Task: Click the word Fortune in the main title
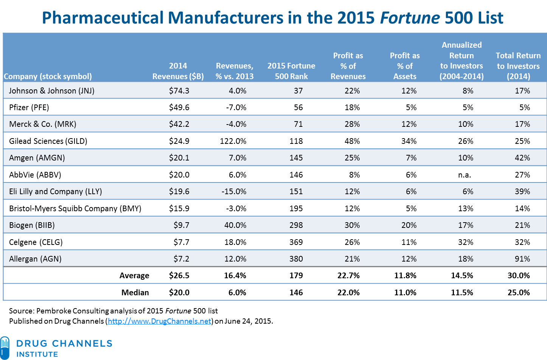[x=410, y=18]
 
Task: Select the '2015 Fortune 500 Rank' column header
[x=291, y=71]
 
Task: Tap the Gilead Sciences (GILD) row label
[x=48, y=141]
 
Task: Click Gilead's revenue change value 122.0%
[x=233, y=141]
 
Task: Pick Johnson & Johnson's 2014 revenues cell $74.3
[x=179, y=91]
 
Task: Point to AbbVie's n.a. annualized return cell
[x=464, y=175]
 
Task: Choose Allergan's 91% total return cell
[x=522, y=259]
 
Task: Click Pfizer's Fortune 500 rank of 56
[x=298, y=108]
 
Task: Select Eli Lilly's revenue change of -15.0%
[x=234, y=192]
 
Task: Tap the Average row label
[x=134, y=276]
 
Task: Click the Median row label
[x=135, y=293]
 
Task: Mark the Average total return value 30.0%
[x=518, y=276]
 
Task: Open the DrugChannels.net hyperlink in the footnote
[x=159, y=321]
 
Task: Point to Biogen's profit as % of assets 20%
[x=409, y=225]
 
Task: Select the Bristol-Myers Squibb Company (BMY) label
[x=75, y=209]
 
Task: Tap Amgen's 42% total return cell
[x=522, y=158]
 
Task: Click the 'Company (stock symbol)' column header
[x=48, y=76]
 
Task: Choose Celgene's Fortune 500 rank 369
[x=296, y=242]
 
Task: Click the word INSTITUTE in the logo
[x=37, y=354]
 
